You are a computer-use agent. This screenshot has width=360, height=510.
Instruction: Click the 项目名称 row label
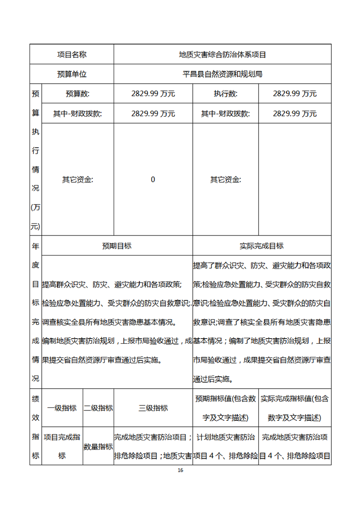71,55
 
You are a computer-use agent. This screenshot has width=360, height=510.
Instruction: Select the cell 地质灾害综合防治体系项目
222,55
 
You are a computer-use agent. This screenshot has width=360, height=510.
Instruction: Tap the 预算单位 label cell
71,74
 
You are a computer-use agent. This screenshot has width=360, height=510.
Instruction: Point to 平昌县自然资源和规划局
222,74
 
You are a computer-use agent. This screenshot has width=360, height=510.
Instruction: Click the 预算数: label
77,94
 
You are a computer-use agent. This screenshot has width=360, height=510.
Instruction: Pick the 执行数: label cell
225,94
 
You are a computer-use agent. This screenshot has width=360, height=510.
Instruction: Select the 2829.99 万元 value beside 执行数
295,94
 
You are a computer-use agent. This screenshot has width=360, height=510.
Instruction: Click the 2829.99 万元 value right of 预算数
153,94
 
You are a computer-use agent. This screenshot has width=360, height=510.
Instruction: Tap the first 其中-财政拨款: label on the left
77,114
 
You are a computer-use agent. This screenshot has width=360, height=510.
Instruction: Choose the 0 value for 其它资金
153,180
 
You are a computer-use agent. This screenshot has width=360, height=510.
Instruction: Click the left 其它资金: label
77,180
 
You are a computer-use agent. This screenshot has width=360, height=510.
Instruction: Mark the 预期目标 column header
117,246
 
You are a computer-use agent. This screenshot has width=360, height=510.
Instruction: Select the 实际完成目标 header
261,246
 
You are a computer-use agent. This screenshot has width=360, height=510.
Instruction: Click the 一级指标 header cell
62,408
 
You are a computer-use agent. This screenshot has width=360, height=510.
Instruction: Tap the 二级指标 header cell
98,408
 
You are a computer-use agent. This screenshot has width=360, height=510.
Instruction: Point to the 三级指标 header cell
153,408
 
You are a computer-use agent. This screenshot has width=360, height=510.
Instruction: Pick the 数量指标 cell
98,447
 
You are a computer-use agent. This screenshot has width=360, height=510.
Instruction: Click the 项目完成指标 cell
62,446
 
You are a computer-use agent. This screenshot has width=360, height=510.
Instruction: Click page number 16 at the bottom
180,470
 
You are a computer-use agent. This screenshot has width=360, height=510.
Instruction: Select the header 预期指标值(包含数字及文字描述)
225,408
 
